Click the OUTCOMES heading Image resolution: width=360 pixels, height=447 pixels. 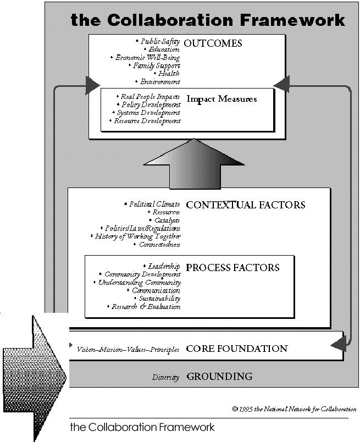[x=214, y=43]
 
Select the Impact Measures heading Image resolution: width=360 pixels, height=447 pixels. [x=221, y=100]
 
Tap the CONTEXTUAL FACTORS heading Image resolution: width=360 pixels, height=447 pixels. [x=246, y=205]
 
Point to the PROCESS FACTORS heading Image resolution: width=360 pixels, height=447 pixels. [x=232, y=268]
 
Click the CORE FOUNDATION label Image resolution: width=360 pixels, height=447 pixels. [x=237, y=349]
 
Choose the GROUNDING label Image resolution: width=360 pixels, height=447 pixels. [x=220, y=377]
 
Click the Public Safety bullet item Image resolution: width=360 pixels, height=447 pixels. [x=159, y=41]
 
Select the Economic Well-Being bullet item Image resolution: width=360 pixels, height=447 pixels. [x=147, y=57]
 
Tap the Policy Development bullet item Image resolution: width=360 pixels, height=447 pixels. [x=149, y=104]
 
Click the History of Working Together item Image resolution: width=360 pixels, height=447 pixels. [x=137, y=236]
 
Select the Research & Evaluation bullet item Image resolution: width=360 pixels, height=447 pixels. [x=146, y=307]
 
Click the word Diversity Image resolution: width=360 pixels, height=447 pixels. [x=166, y=377]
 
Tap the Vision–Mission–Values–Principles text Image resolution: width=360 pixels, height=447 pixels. [x=128, y=349]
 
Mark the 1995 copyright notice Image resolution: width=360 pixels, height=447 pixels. [x=294, y=409]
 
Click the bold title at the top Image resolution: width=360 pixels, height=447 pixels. [x=208, y=20]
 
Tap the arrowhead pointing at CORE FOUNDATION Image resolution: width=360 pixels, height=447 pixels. [x=339, y=345]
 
